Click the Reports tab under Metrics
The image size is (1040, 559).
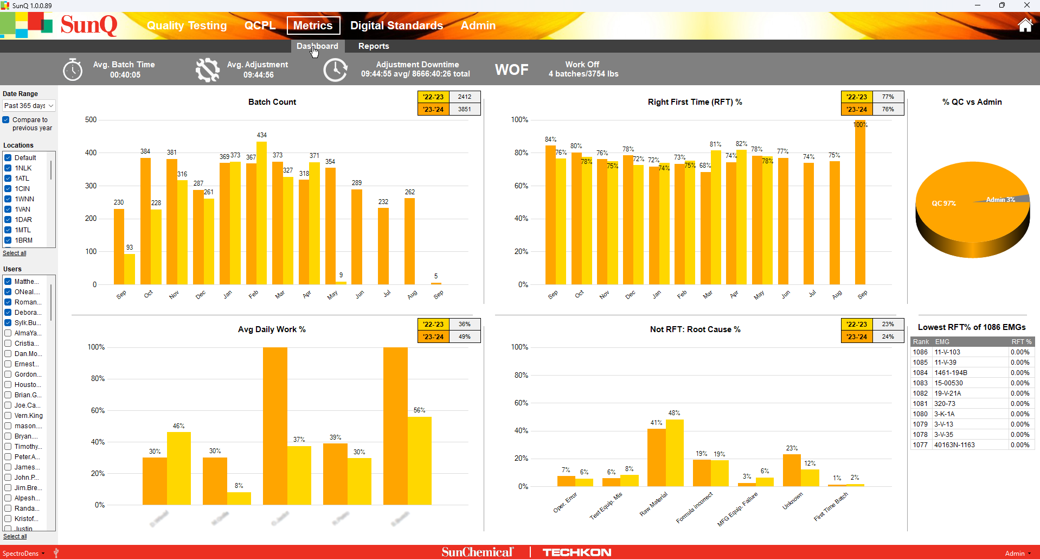tap(374, 46)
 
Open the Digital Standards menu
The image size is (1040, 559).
tap(396, 26)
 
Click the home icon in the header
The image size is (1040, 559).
tap(1025, 26)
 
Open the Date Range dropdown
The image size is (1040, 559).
tap(29, 106)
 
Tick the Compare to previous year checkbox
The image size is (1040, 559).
tap(6, 120)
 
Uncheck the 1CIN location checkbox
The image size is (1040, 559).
tap(8, 189)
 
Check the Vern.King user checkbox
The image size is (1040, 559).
tap(8, 416)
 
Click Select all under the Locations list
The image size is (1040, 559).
tap(15, 253)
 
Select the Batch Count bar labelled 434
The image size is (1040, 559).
tap(261, 213)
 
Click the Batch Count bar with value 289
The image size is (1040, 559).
tap(356, 237)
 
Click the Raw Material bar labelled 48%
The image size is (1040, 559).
tap(675, 453)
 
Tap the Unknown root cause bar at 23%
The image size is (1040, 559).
tap(792, 470)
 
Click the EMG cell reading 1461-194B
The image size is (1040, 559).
tap(951, 373)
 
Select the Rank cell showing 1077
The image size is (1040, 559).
tap(920, 445)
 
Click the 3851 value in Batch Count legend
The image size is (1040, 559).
tap(464, 109)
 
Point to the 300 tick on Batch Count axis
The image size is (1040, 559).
tap(91, 186)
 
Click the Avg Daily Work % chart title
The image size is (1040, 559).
tap(272, 329)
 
